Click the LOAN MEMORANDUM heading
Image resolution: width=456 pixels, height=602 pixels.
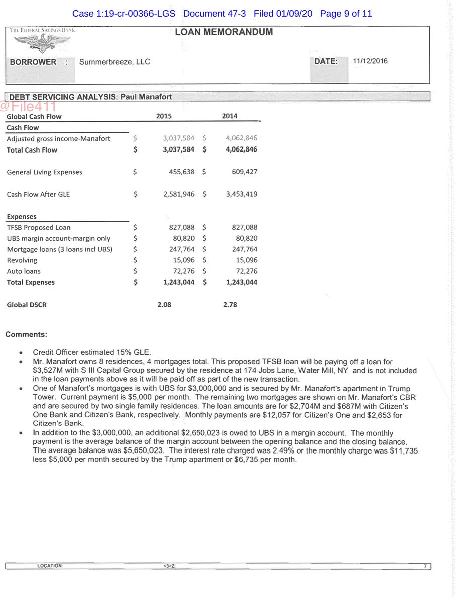(224, 32)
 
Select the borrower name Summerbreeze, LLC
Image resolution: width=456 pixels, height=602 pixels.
(115, 62)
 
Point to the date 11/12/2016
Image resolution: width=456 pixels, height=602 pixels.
(370, 61)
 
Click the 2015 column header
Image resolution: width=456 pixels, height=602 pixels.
(164, 116)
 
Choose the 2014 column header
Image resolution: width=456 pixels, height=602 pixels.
(230, 116)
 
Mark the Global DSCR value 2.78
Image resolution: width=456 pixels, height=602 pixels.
(230, 305)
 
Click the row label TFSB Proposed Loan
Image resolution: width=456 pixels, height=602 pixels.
(39, 228)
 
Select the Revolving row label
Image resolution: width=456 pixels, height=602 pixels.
(22, 260)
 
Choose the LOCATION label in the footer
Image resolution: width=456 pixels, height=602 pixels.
(50, 566)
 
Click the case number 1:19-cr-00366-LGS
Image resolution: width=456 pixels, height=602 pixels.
(124, 14)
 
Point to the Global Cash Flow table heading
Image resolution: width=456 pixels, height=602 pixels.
(34, 117)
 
